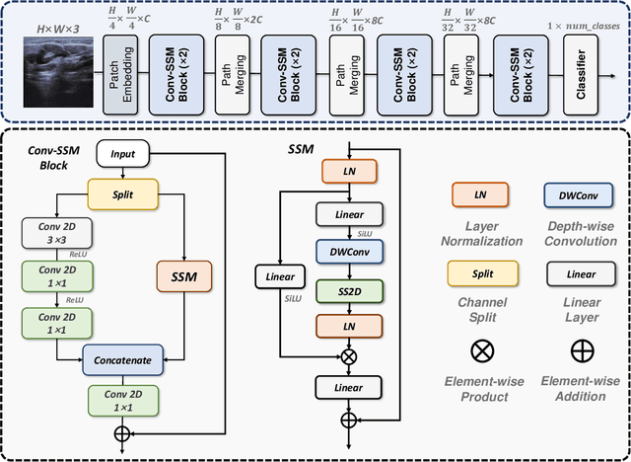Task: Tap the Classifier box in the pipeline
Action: tap(580, 75)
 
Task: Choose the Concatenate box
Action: tap(123, 360)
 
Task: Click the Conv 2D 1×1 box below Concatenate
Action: tap(123, 399)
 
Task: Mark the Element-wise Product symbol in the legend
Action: tap(479, 349)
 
